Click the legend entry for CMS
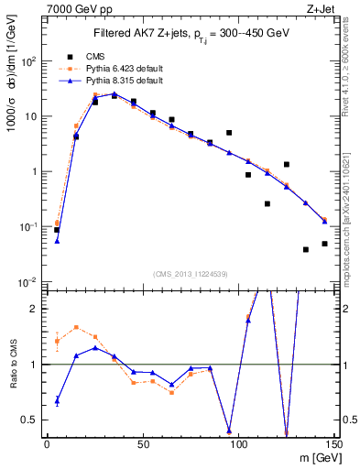pos(93,56)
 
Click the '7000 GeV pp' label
pos(72,8)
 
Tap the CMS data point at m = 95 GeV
pos(229,133)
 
